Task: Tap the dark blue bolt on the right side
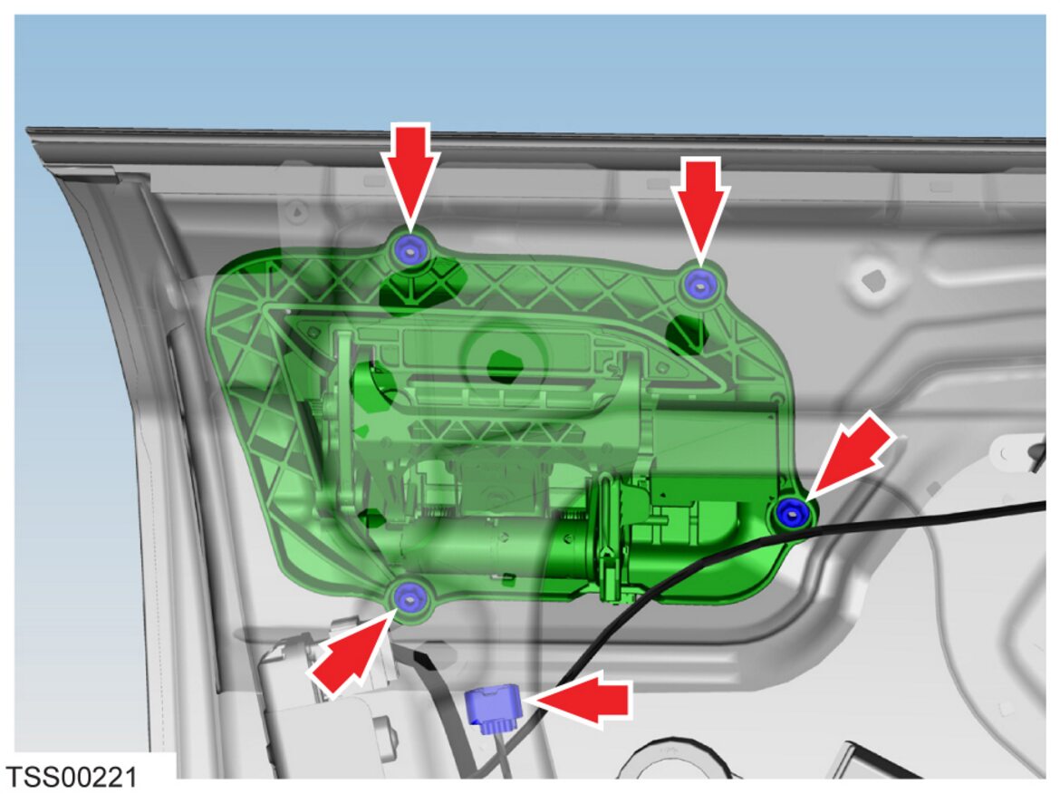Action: pyautogui.click(x=791, y=511)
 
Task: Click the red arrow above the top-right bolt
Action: pyautogui.click(x=701, y=211)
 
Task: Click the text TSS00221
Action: pyautogui.click(x=71, y=777)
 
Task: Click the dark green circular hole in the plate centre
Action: pyautogui.click(x=501, y=364)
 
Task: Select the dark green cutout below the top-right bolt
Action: pyautogui.click(x=685, y=334)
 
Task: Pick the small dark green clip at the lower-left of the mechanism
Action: pyautogui.click(x=371, y=518)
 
